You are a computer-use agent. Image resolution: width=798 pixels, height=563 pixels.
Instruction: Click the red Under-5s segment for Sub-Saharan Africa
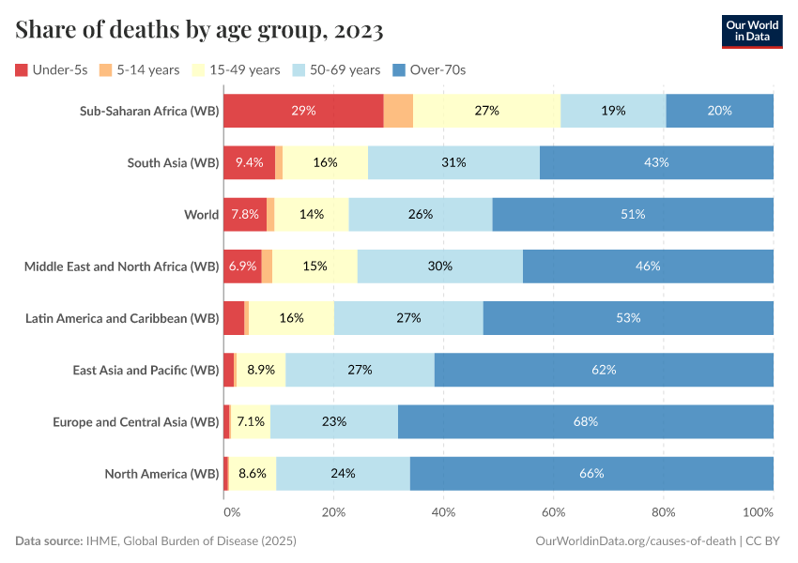[303, 111]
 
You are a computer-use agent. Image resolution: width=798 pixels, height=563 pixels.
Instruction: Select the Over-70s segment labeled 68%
[585, 421]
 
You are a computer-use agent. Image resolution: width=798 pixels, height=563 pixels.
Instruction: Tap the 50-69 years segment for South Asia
[453, 162]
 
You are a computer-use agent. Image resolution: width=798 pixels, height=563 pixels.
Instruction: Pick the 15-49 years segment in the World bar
[312, 214]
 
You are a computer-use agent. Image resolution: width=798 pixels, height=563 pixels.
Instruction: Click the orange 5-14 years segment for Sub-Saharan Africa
[398, 111]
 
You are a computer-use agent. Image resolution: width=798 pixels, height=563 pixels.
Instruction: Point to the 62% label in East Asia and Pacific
[604, 370]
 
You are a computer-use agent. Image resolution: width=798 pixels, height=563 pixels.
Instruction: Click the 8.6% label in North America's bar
[253, 473]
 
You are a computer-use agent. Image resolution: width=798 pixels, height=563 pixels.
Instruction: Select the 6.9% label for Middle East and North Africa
[242, 266]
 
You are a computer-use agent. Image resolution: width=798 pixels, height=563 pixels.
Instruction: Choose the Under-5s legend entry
[55, 69]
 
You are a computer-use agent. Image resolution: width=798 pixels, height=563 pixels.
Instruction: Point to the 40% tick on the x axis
[443, 513]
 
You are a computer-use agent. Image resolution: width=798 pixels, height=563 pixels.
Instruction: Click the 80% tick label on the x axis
[664, 513]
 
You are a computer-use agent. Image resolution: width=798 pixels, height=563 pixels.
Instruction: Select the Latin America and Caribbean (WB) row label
[122, 318]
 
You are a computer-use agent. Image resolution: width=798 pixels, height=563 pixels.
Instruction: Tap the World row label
[201, 214]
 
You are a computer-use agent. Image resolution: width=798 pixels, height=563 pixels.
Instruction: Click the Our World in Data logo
[751, 31]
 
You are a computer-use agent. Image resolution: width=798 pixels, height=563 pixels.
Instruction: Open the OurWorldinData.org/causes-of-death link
[635, 541]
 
